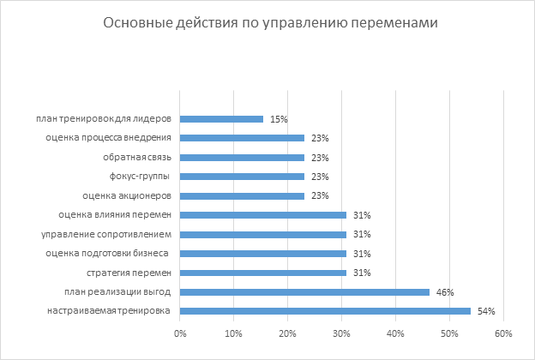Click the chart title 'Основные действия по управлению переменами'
coord(270,23)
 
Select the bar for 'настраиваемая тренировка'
coord(325,311)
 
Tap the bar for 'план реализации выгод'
coord(304,292)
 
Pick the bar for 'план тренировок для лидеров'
coord(221,118)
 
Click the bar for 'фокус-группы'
coord(242,177)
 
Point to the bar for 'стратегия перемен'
coord(263,273)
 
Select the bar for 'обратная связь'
coord(242,157)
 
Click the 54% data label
coord(486,311)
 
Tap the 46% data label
coord(444,292)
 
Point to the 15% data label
coord(278,118)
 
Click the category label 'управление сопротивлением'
coord(107,234)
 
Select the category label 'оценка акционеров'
coord(133,195)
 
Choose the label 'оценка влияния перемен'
coord(115,215)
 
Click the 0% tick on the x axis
coord(180,333)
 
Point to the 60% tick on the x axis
coord(502,333)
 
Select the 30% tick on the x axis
coord(341,333)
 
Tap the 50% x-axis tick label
coord(448,333)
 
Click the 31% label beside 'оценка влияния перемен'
coord(361,215)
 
